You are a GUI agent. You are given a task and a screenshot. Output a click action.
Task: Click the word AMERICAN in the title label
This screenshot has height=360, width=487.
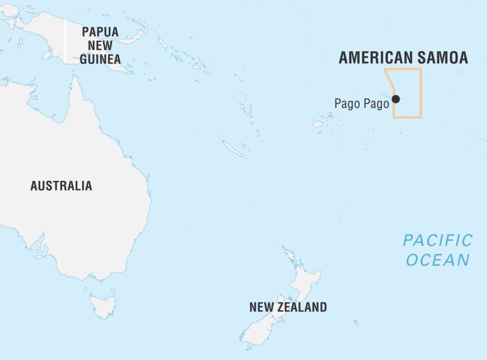tap(374, 58)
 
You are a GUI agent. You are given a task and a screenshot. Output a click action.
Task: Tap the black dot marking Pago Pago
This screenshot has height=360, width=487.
tap(396, 99)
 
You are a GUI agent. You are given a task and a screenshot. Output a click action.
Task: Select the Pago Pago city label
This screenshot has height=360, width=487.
tap(361, 103)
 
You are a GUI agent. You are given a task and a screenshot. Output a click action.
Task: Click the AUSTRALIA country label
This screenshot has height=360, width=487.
tap(61, 185)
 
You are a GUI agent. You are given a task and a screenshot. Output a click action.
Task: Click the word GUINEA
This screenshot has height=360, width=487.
tap(100, 59)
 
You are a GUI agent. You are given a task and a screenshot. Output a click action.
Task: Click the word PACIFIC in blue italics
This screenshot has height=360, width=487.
tap(438, 240)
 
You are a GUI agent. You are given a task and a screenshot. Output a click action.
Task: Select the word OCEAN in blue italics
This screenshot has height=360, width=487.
tap(438, 260)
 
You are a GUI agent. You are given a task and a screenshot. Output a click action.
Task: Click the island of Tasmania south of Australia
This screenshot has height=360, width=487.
tap(103, 301)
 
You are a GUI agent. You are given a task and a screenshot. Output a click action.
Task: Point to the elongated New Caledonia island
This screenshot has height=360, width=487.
tap(233, 148)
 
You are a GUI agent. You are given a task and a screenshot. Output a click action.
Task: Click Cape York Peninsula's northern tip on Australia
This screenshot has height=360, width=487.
tap(74, 78)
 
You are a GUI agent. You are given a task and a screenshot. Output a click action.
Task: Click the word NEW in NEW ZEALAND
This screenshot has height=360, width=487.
tap(261, 307)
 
